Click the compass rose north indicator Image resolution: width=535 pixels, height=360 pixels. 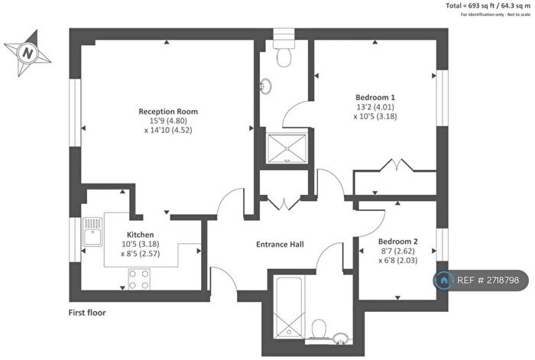[x=28, y=53]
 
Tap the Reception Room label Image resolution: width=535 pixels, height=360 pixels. [x=166, y=111]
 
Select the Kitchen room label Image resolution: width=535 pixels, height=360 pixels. [x=141, y=235]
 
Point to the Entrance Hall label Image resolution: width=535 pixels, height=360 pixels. [x=279, y=245]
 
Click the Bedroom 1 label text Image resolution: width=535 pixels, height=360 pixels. [x=375, y=97]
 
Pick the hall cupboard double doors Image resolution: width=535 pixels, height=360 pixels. [x=284, y=203]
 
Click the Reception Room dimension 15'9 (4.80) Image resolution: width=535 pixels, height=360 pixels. [x=166, y=121]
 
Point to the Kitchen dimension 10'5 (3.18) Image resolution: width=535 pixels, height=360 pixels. [x=141, y=245]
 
